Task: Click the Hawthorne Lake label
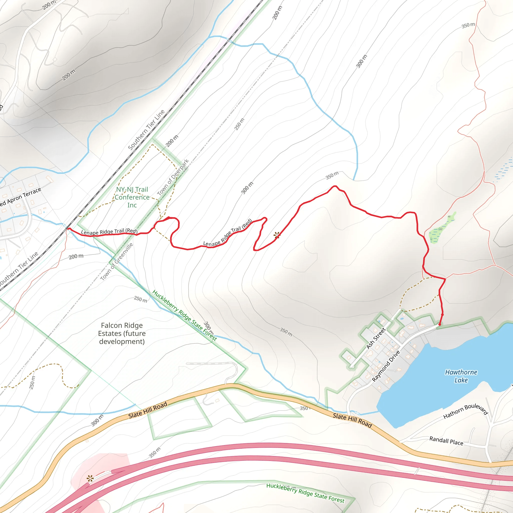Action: [x=461, y=376]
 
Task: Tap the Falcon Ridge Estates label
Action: [x=122, y=333]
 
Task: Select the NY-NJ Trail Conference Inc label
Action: [x=132, y=197]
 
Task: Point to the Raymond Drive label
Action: [x=386, y=366]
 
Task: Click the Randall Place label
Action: [x=446, y=441]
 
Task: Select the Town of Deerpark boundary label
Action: [x=173, y=177]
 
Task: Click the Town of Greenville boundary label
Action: [x=116, y=262]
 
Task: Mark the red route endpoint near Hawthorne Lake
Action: [x=439, y=324]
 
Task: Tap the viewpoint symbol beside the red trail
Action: [x=277, y=235]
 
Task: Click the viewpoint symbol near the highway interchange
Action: [x=90, y=479]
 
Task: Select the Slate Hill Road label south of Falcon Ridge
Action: [x=148, y=410]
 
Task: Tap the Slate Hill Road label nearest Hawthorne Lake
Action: [x=352, y=420]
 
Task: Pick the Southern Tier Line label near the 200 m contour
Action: [x=146, y=130]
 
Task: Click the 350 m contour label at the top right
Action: [x=468, y=26]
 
